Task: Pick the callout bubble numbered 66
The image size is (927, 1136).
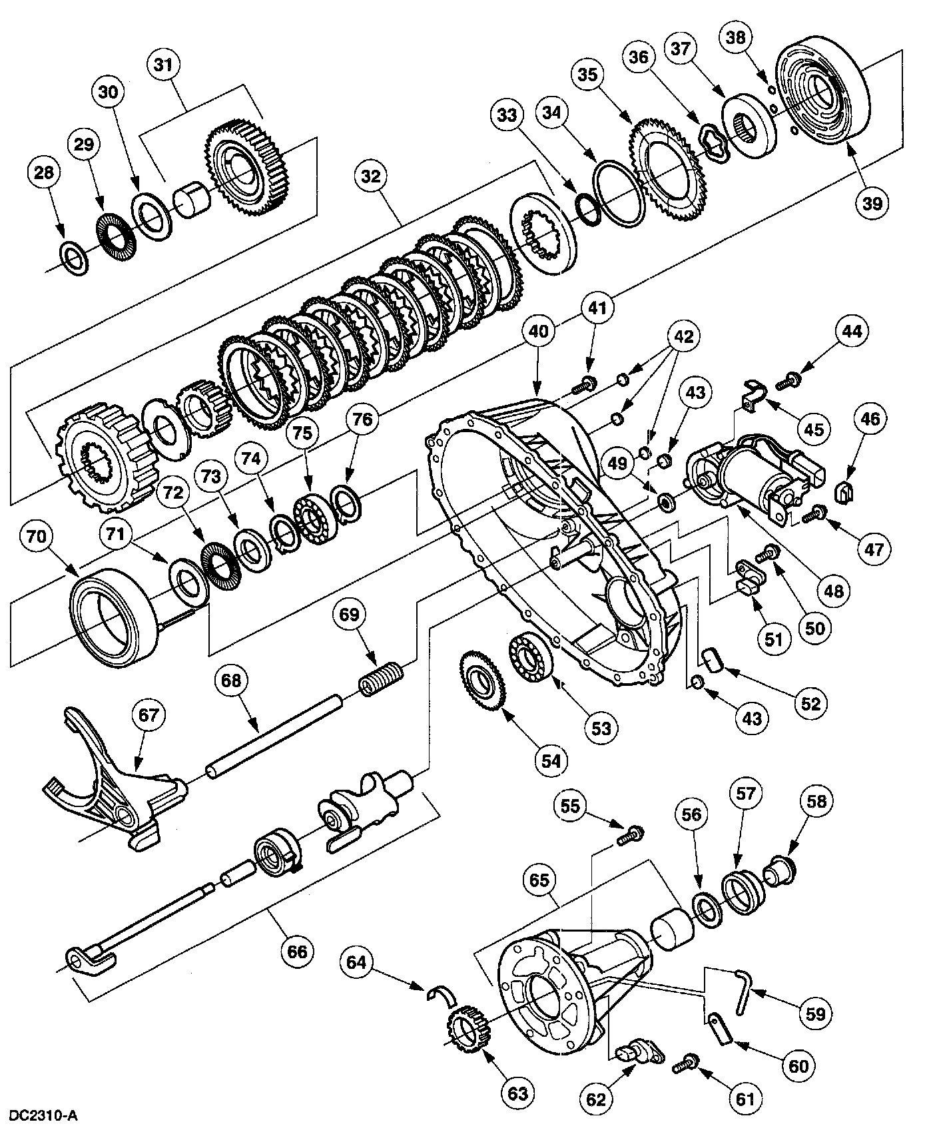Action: tap(297, 951)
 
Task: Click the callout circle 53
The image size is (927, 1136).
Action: tap(601, 728)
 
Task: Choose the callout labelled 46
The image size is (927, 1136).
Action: tap(870, 419)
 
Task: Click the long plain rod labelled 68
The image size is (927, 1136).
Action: tap(274, 733)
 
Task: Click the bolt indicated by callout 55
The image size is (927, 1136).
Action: tap(628, 835)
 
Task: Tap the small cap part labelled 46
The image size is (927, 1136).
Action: tap(845, 493)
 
